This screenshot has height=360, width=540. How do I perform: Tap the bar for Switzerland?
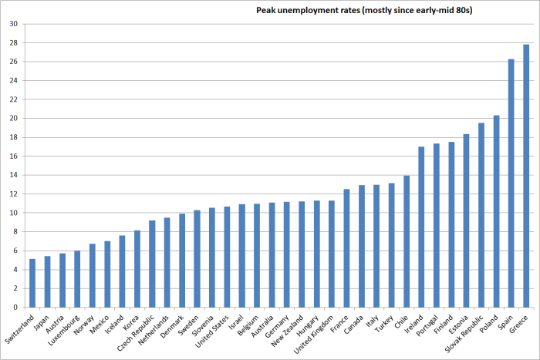[32, 283]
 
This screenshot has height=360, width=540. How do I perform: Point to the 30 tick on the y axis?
[13, 23]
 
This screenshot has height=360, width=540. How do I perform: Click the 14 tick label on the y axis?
[13, 175]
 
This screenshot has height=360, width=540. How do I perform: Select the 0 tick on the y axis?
[15, 308]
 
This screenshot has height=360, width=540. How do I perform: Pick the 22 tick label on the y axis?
[13, 99]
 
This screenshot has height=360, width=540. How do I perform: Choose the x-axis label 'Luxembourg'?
[68, 329]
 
